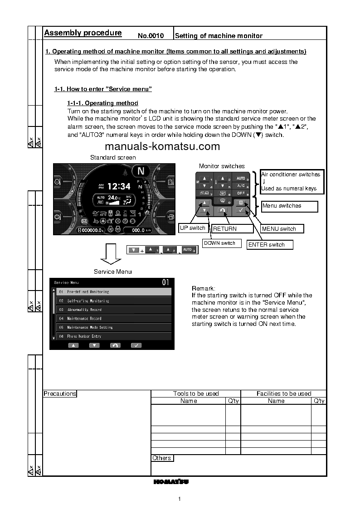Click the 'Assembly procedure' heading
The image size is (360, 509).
(x=83, y=33)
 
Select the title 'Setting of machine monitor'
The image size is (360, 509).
(x=219, y=35)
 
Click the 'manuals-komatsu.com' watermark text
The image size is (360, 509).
(x=162, y=146)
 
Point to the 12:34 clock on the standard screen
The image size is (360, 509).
(x=118, y=186)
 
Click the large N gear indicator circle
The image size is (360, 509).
(x=141, y=171)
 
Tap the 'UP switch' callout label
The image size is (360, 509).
(x=193, y=228)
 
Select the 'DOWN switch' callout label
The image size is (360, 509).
(x=219, y=243)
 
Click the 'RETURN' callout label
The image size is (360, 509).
(x=225, y=229)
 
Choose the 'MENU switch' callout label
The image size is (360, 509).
(x=279, y=229)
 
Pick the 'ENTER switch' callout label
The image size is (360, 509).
(x=267, y=245)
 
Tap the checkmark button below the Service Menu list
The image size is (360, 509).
(x=136, y=345)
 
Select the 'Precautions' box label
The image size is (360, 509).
(x=60, y=394)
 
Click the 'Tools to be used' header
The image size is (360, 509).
(x=196, y=394)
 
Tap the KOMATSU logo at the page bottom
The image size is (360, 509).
(x=171, y=481)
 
